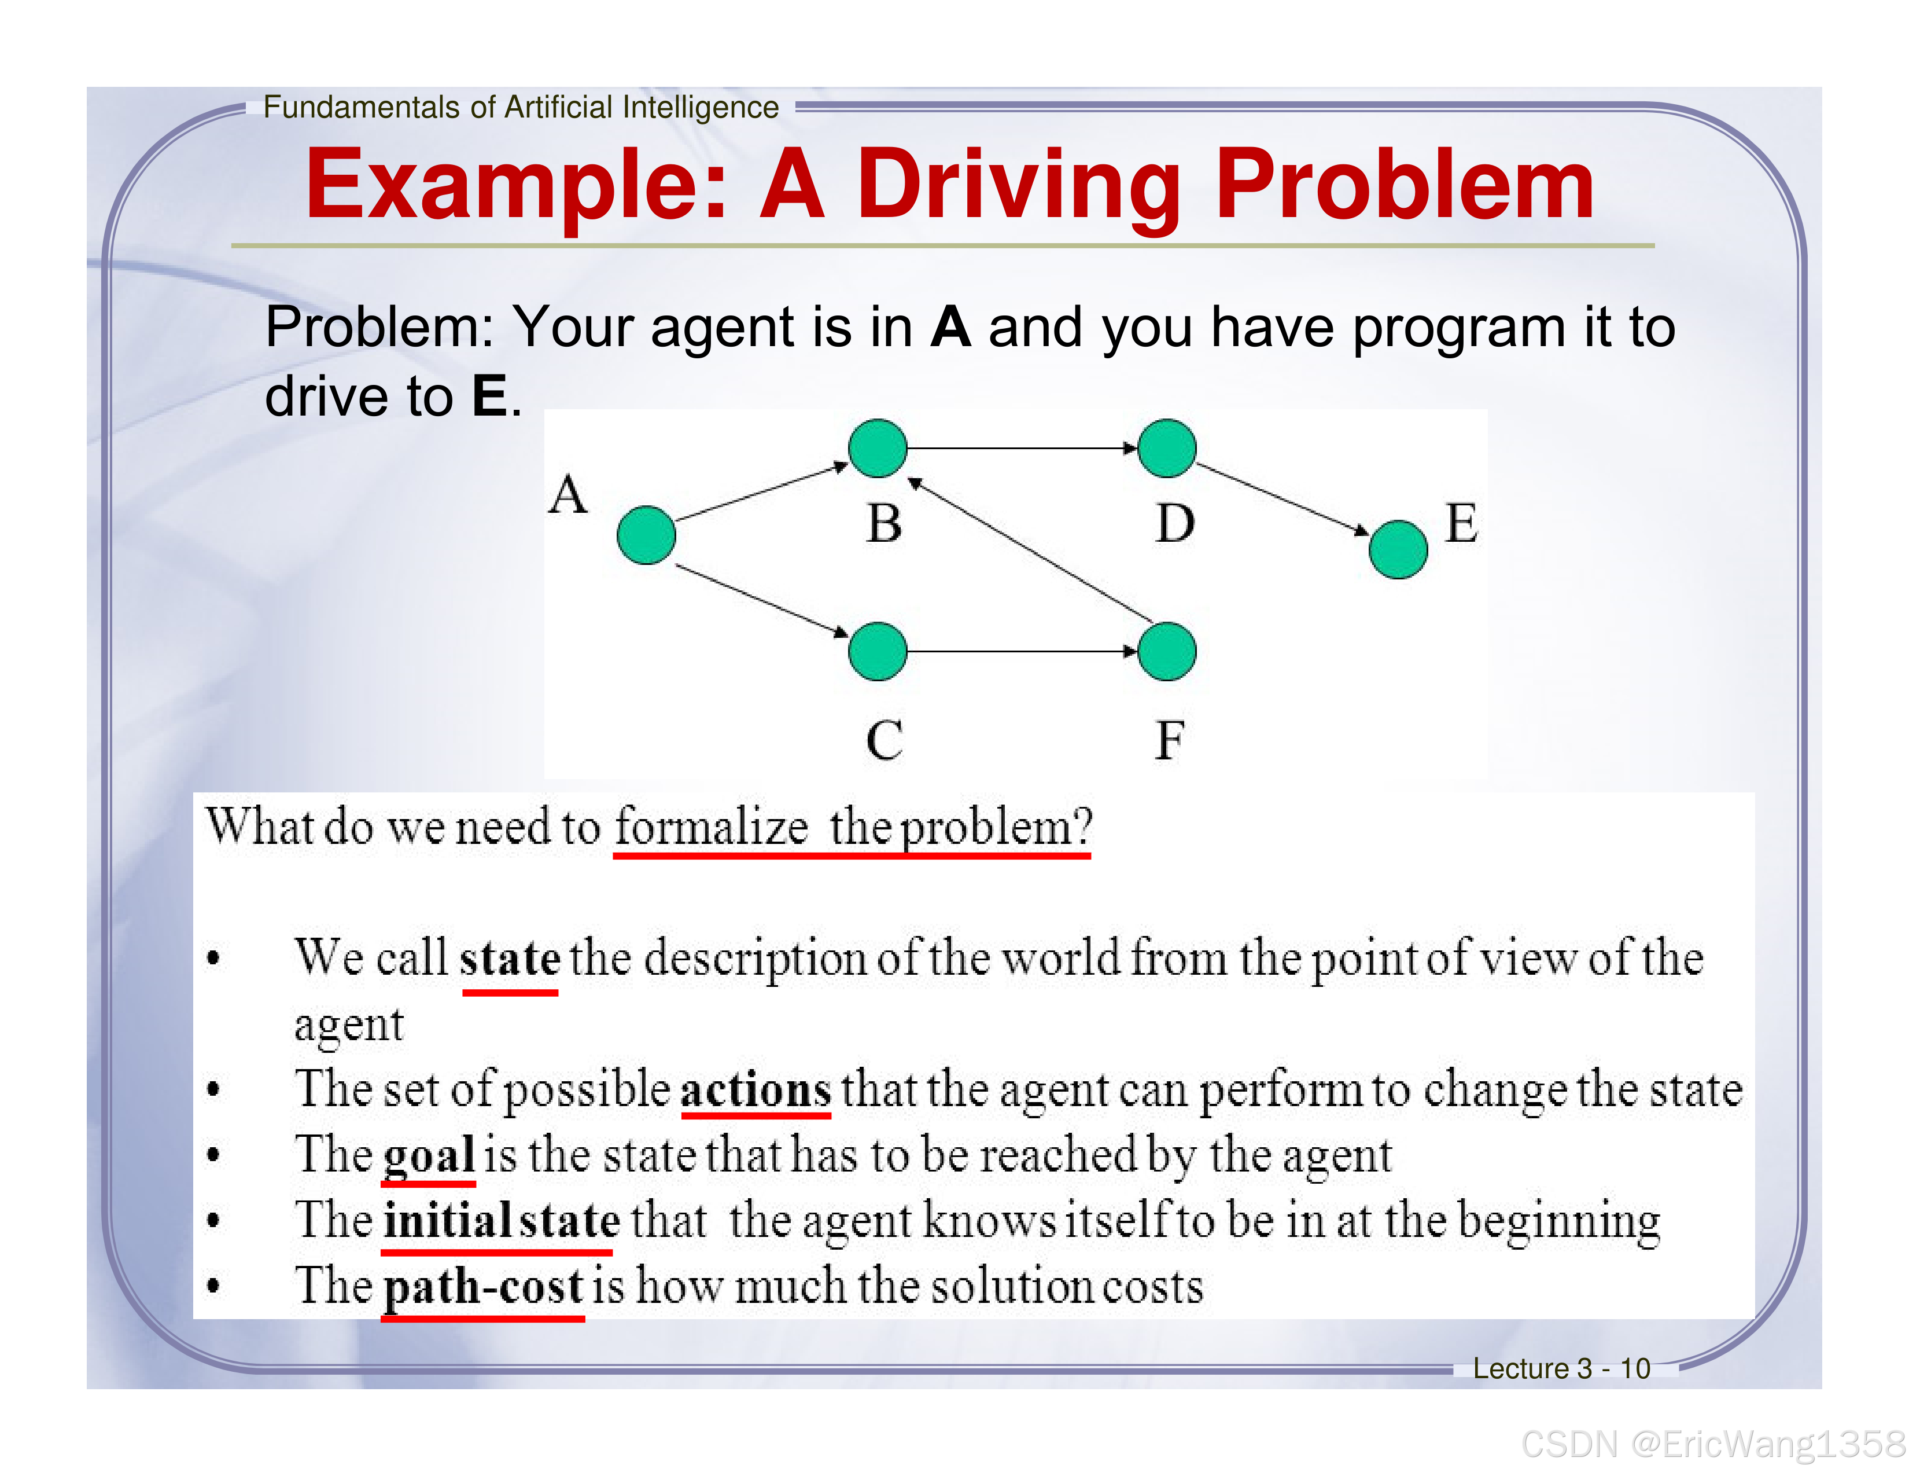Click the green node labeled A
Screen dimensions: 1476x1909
point(646,535)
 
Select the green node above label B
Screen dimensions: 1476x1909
point(878,447)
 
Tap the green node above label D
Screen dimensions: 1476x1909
point(1167,447)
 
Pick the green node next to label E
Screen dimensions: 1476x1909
point(1398,549)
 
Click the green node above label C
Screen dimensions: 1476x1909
point(878,651)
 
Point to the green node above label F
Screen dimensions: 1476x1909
point(1167,651)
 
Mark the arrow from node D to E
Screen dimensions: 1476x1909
point(1281,498)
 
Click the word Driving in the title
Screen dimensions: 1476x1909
point(1018,185)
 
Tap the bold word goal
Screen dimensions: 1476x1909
point(428,1156)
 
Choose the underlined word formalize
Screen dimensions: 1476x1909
point(710,827)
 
